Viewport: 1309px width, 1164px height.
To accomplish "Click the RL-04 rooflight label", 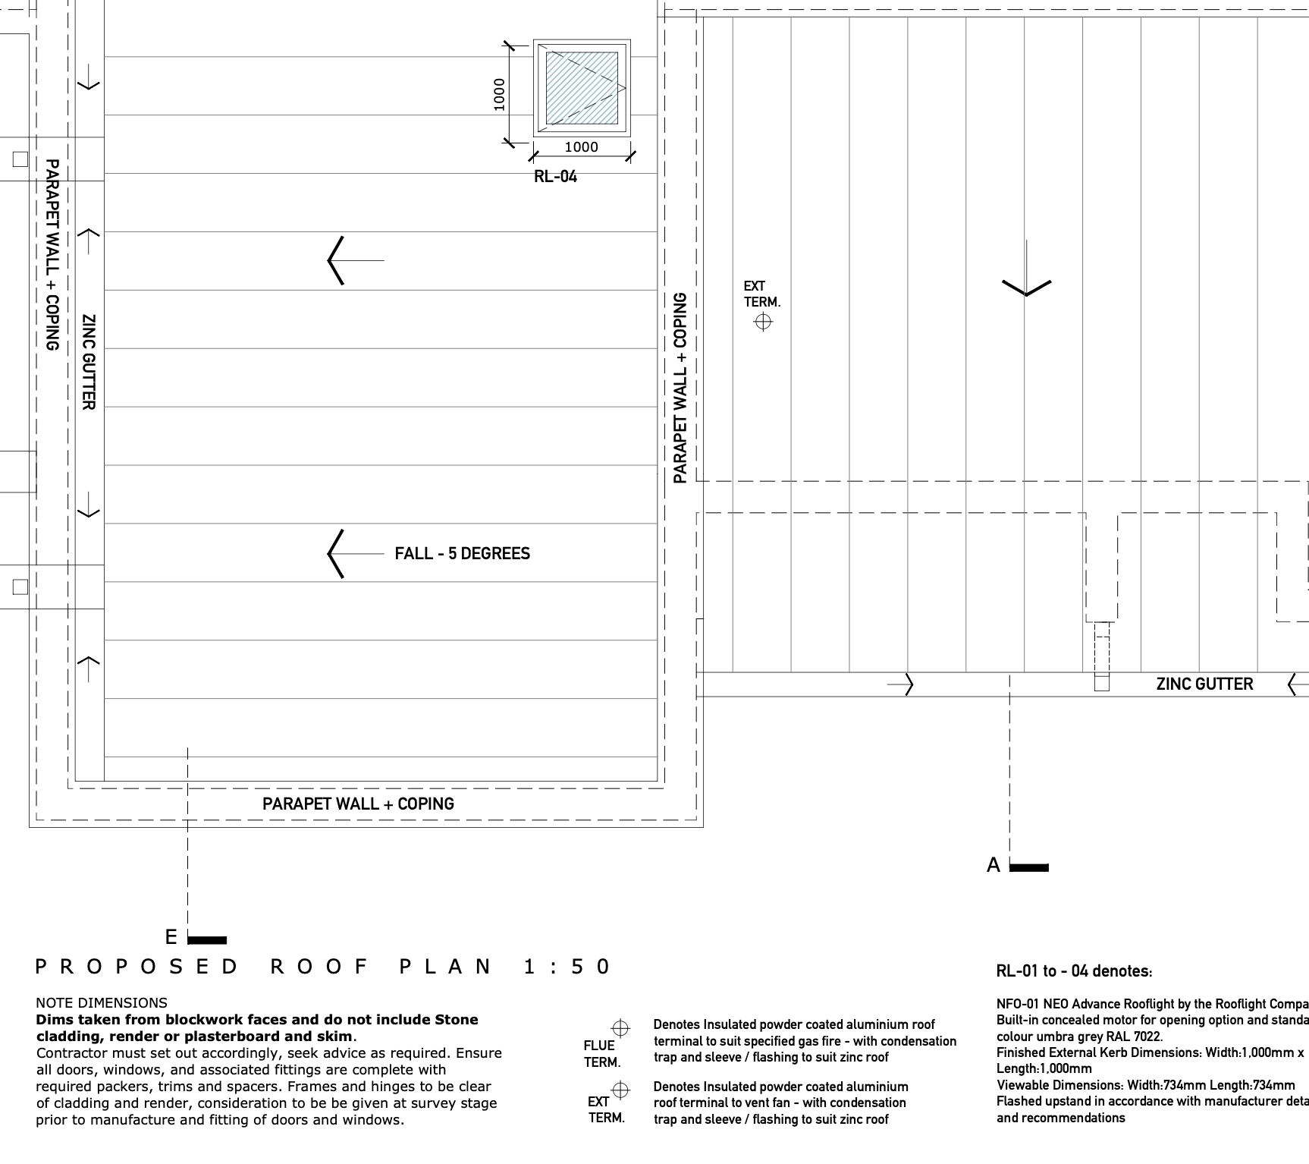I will point(555,177).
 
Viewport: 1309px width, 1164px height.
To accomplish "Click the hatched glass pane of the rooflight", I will point(582,88).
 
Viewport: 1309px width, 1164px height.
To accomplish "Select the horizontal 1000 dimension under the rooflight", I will point(581,147).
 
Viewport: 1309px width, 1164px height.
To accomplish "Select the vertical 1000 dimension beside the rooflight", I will point(499,94).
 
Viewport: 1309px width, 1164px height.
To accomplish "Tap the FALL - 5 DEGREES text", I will point(462,554).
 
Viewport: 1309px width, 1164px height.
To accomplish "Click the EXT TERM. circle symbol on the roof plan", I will point(763,322).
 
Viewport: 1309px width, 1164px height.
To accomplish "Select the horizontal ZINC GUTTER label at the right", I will point(1204,684).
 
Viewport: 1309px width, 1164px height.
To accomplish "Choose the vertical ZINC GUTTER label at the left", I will point(89,362).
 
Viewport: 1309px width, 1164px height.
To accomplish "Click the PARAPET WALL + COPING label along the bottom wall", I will point(358,804).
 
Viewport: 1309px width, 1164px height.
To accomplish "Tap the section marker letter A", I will point(994,865).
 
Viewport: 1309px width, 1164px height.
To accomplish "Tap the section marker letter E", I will point(171,937).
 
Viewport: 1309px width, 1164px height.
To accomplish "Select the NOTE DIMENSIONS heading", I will point(102,1003).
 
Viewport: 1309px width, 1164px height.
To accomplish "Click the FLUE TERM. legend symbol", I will point(620,1029).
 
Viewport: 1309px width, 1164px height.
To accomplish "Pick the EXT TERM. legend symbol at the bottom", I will point(620,1090).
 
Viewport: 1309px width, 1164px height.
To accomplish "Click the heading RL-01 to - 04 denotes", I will point(1074,971).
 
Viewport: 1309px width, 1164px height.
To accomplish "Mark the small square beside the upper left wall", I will point(20,159).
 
